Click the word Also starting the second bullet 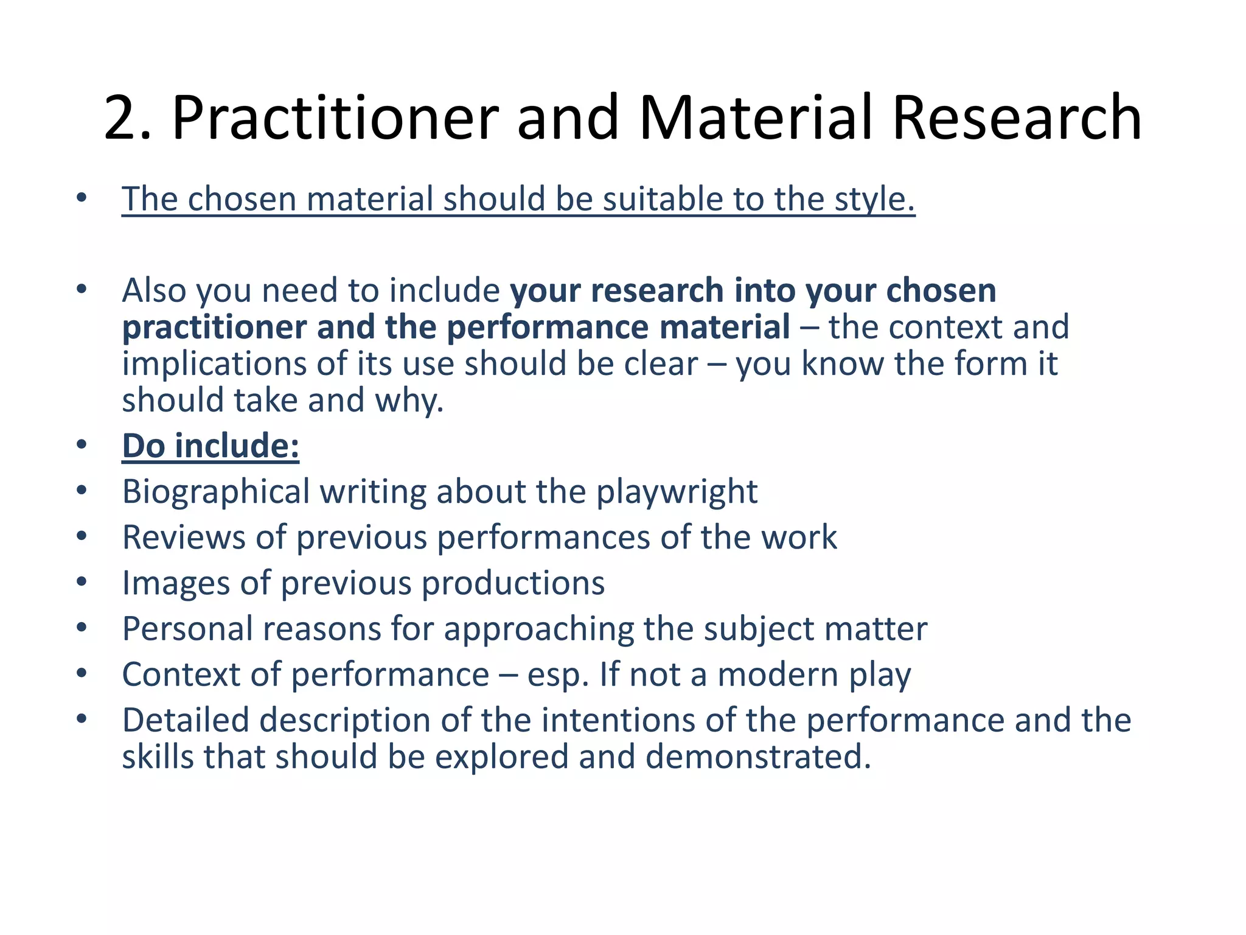click(x=154, y=290)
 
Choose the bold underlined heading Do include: click(x=211, y=446)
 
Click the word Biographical click(x=216, y=492)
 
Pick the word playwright click(x=677, y=492)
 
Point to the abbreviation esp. click(x=558, y=675)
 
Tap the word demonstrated click(x=758, y=757)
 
